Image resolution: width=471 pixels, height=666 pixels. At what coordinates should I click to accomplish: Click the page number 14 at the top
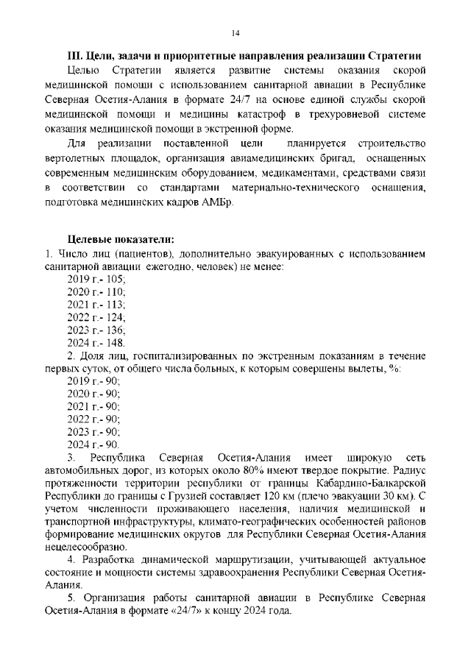point(235,33)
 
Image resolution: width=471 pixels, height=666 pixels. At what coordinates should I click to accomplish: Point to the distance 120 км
point(283,497)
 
